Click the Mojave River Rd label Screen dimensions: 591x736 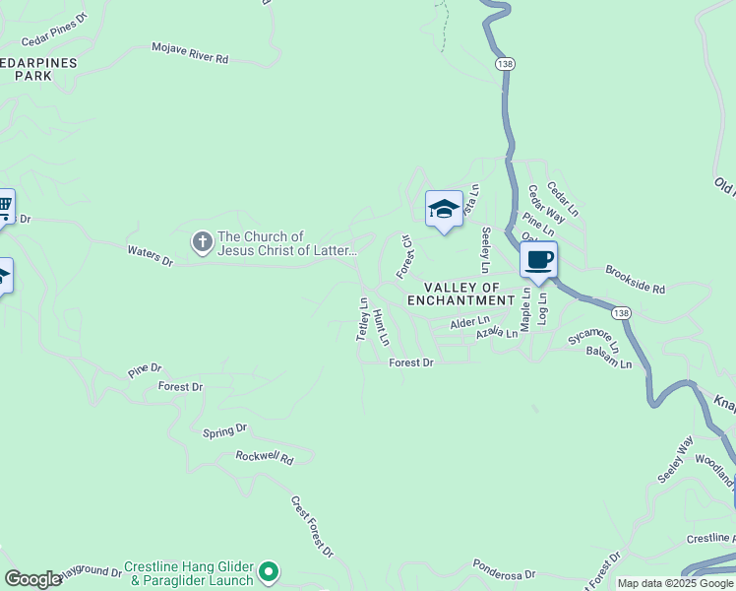click(190, 52)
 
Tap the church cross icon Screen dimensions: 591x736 click(202, 242)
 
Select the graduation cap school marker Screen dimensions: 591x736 click(445, 209)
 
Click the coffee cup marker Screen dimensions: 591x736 click(538, 261)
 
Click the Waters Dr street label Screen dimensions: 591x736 click(150, 256)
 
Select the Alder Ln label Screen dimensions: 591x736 click(469, 322)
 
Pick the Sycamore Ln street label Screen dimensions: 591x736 click(594, 338)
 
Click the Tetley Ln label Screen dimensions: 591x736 click(362, 319)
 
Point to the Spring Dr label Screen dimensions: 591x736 click(224, 430)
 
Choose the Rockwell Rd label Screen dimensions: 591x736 click(265, 457)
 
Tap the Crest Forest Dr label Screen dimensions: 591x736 click(312, 525)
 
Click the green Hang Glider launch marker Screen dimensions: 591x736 click(269, 571)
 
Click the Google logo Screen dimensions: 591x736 click(33, 579)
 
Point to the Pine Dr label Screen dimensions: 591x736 click(144, 369)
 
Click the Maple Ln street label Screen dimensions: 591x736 click(526, 309)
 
